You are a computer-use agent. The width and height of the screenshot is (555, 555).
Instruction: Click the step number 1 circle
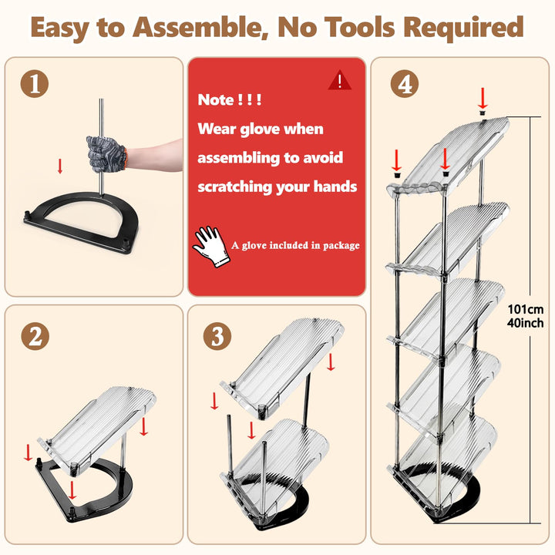point(35,84)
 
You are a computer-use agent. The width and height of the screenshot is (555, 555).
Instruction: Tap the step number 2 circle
point(35,336)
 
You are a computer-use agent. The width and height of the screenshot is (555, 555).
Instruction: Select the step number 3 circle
point(217,336)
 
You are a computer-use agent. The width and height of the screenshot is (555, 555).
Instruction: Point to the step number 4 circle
point(405,84)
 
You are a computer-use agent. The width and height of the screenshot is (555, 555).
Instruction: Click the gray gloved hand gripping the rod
point(106,154)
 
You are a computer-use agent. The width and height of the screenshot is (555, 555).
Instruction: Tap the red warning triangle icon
point(339,80)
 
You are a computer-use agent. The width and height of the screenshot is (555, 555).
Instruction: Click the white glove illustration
point(211,247)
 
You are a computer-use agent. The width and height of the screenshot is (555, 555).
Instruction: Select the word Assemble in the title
point(199,27)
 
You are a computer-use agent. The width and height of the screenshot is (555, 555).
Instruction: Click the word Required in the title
point(463,28)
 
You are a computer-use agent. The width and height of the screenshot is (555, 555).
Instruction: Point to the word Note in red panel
point(216,99)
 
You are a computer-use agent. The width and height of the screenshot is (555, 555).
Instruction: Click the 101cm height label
point(526,309)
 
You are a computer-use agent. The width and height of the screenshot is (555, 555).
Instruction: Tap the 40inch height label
point(525,323)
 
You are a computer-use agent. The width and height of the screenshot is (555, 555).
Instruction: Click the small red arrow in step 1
point(60,166)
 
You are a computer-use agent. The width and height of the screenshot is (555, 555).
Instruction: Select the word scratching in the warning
point(234,187)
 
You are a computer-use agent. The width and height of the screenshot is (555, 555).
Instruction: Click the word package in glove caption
point(341,246)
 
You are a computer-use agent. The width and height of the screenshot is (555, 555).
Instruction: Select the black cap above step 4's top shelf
point(482,113)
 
